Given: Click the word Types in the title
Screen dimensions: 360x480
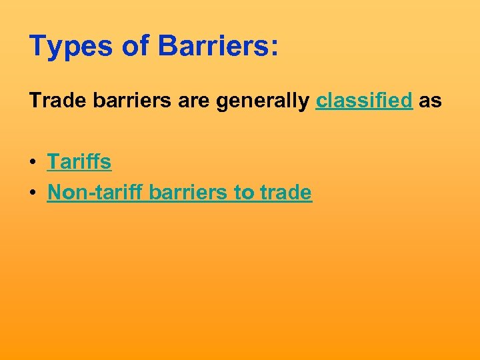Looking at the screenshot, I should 71,47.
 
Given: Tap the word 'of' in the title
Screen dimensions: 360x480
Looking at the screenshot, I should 138,47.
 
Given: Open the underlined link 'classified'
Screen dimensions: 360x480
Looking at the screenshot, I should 365,101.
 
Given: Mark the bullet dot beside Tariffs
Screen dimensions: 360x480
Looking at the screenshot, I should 33,162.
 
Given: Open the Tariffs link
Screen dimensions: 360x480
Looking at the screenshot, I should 79,161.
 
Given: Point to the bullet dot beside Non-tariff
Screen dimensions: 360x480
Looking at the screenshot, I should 33,193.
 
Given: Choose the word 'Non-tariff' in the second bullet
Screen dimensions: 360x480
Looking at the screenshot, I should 96,193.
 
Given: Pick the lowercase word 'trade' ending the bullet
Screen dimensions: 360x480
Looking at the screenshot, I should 285,193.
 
